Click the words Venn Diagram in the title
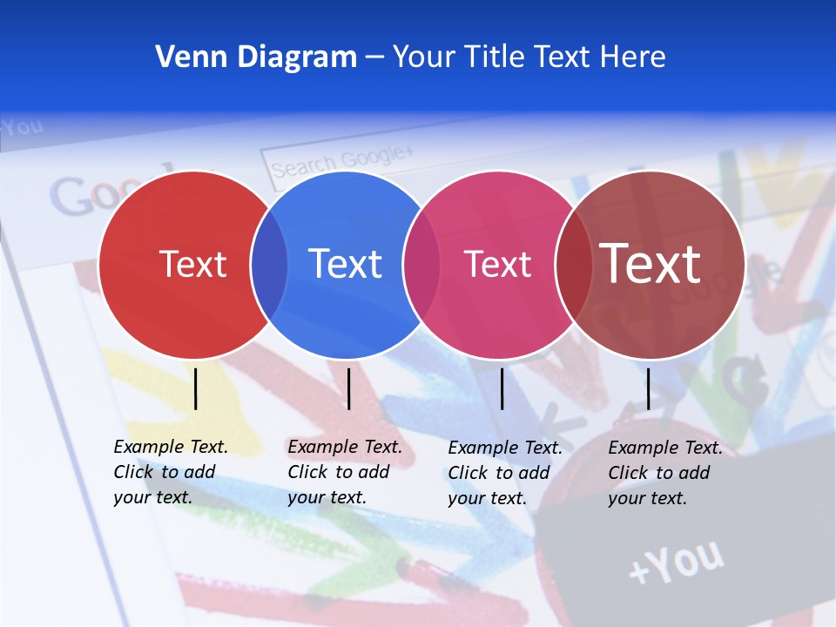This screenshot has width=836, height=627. coord(256,57)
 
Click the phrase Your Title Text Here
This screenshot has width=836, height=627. coord(529,57)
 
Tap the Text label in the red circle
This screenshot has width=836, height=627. coord(192,264)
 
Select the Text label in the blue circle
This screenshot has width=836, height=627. coord(345,264)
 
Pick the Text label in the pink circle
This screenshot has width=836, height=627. coord(497,264)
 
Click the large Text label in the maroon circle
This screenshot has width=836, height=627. coord(651,263)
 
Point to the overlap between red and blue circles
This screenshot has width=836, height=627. coord(269,265)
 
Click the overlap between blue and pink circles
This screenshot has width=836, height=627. coord(421,265)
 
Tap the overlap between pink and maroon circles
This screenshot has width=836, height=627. coord(573,265)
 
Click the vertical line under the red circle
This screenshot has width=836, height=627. coord(196,388)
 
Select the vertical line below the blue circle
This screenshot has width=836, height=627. coord(348,388)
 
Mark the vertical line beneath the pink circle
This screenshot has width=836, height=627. coord(502,388)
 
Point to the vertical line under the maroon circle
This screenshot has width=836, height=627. coord(648,388)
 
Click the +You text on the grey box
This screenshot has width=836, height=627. coord(676,562)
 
